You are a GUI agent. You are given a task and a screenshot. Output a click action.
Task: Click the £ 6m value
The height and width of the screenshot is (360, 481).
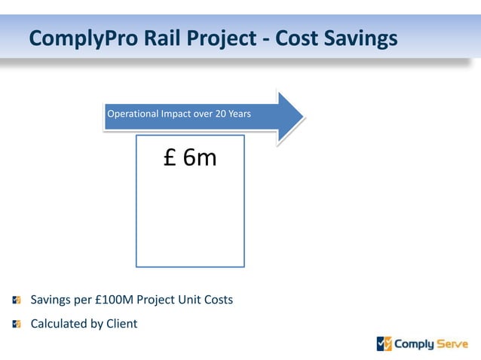(x=190, y=157)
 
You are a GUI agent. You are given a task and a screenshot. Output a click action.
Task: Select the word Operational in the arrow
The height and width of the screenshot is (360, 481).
(x=132, y=114)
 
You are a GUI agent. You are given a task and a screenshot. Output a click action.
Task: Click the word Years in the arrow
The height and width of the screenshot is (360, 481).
(x=240, y=114)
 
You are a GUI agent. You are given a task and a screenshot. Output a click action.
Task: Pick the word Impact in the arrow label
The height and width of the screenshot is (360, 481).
(x=174, y=114)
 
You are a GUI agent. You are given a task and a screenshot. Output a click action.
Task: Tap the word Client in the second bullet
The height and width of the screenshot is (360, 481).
(x=121, y=324)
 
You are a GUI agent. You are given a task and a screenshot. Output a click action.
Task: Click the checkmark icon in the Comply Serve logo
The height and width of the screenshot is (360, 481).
(x=384, y=344)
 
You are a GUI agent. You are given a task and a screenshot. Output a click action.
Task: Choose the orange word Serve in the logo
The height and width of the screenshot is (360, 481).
(x=452, y=344)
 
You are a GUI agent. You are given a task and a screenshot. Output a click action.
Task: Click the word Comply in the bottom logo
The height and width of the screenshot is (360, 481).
(x=415, y=345)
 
